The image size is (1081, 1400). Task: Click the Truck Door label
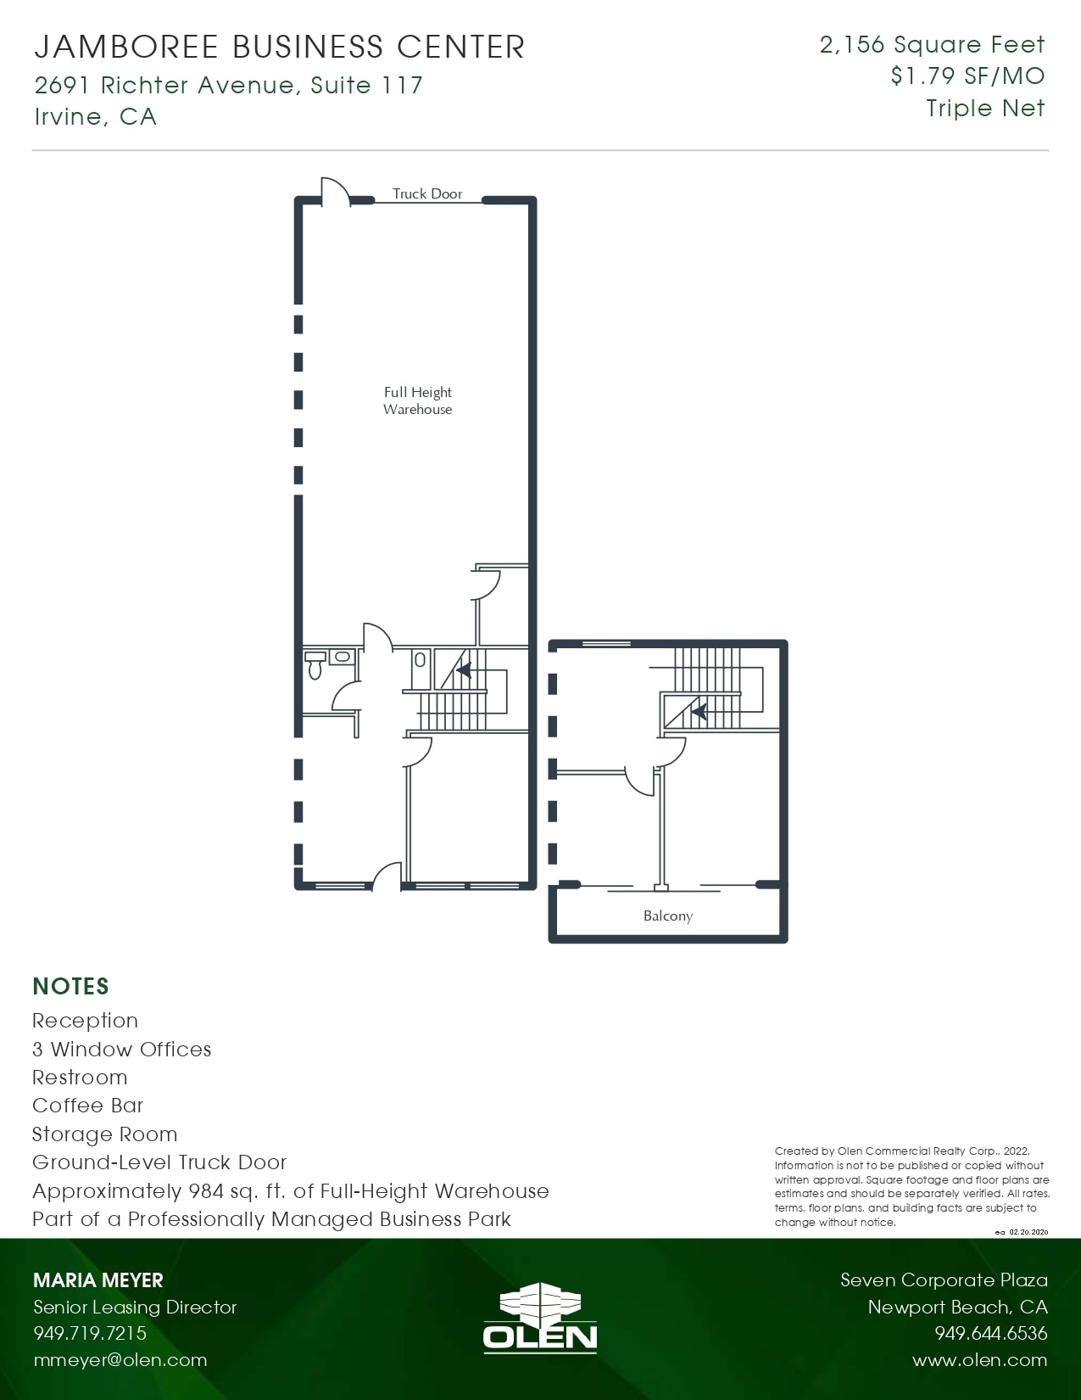coord(427,193)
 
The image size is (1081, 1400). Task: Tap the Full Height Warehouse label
coord(417,400)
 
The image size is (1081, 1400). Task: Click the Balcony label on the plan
coord(667,916)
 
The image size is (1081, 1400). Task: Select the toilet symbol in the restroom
coord(315,667)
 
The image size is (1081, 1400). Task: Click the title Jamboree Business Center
coord(279,47)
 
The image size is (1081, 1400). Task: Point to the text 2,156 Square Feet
coord(932,45)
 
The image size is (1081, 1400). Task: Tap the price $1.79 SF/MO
coord(967,76)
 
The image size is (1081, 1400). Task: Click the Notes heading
coord(70,986)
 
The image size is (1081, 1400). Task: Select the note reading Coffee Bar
coord(87,1106)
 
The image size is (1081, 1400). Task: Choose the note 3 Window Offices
coord(121,1050)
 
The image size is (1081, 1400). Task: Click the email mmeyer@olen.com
coord(120,1360)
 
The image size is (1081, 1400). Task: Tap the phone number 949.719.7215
coord(90,1333)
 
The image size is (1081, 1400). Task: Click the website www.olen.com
coord(979,1360)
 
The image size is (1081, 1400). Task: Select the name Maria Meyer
coord(98,1280)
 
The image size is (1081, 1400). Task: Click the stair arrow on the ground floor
coord(464,670)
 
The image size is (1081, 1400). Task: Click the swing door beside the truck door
coord(334,191)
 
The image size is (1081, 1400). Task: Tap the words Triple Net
coord(985,109)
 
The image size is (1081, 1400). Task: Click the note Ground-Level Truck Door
coord(159,1162)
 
